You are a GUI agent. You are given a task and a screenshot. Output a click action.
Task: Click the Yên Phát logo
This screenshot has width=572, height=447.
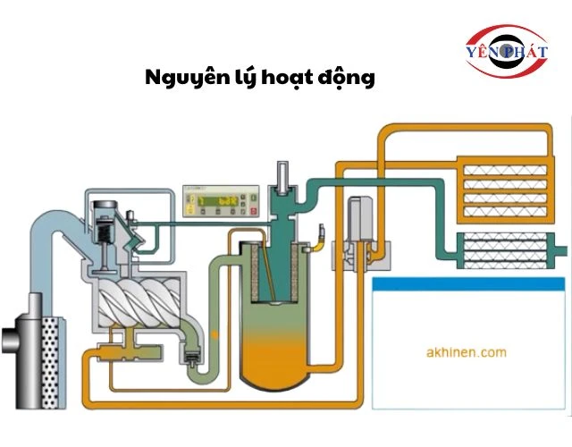[x=506, y=51]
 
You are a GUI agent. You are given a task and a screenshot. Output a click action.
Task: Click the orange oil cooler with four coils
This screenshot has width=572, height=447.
[x=505, y=190]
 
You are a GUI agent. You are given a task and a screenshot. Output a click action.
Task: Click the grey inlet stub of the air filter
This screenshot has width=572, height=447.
[x=10, y=340]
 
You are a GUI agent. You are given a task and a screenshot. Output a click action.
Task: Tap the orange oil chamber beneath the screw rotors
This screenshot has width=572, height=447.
[x=120, y=341]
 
